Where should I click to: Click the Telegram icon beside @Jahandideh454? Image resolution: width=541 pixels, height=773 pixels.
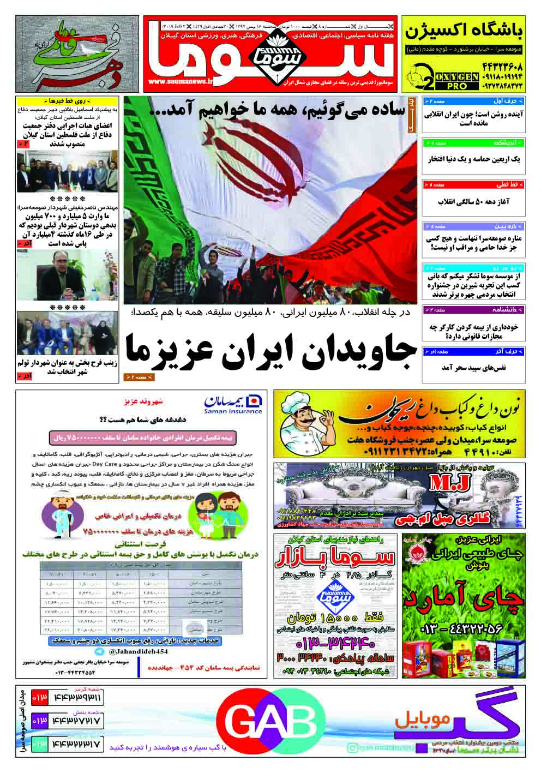[x=99, y=652]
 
